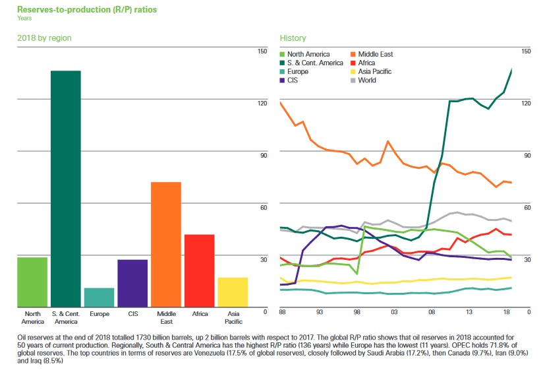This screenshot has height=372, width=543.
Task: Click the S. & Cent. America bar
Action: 66,189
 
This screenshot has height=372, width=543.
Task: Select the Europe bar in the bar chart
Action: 99,297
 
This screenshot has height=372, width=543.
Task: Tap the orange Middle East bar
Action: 166,244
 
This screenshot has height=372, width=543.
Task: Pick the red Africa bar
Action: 200,270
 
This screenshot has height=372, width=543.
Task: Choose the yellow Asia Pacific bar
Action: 233,292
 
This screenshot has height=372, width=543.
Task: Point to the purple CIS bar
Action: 132,283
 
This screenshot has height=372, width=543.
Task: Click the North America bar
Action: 32,282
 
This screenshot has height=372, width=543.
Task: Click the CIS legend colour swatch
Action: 283,80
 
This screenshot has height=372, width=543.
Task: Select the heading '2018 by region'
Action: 44,38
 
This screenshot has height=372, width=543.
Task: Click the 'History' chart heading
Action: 293,38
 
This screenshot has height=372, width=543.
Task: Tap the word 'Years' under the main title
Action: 24,18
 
